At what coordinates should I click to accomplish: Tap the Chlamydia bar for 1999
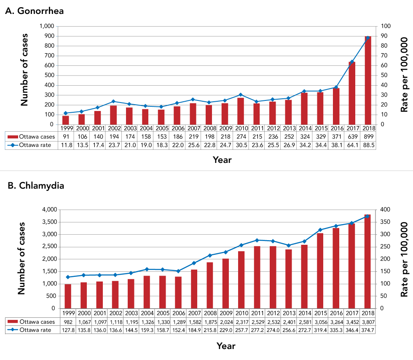click(x=68, y=296)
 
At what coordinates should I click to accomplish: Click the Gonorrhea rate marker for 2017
click(x=352, y=62)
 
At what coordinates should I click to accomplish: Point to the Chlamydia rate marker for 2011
click(x=257, y=240)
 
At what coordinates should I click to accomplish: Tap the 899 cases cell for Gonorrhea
click(x=368, y=136)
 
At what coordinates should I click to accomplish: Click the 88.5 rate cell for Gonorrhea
click(x=368, y=144)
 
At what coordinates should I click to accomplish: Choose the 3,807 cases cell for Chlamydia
click(x=368, y=322)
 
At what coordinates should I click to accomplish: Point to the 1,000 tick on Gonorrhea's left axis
click(x=46, y=26)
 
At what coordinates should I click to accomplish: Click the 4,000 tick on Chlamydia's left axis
click(x=46, y=210)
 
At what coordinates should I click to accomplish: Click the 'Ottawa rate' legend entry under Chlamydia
click(x=32, y=330)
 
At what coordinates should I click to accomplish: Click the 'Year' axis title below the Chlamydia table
click(x=225, y=346)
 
